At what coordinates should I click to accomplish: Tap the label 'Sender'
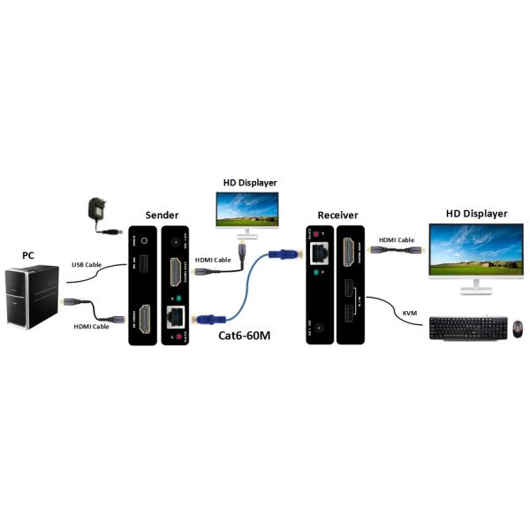(162, 215)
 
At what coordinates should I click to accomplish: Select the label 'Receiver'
(337, 216)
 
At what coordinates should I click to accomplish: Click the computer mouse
(518, 329)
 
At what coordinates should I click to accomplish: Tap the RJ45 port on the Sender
(175, 317)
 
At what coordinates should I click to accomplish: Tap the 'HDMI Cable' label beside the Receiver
(396, 239)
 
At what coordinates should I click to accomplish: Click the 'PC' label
(28, 255)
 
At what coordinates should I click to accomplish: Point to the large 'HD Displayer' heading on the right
(476, 213)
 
